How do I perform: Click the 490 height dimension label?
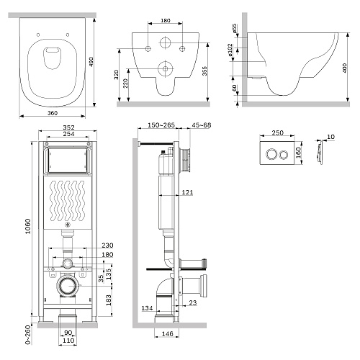[x=91, y=62]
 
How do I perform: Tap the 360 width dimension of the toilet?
[x=53, y=113]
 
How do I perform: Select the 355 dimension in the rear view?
[x=204, y=71]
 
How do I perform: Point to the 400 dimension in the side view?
[x=344, y=68]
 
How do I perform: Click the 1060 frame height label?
[x=28, y=226]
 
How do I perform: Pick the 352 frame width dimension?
[x=68, y=127]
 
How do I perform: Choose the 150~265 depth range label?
[x=161, y=125]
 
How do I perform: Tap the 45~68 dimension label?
[x=202, y=125]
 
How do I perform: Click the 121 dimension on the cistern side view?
[x=187, y=192]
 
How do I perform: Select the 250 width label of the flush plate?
[x=277, y=132]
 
